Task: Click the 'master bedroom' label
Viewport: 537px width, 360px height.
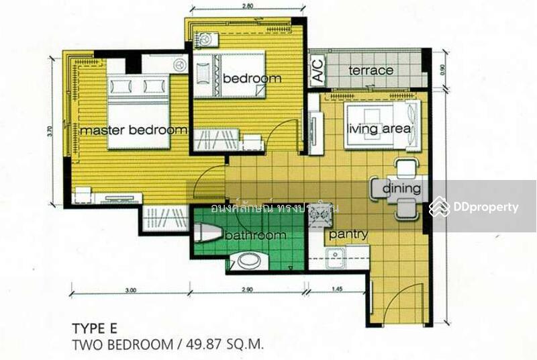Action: point(133,130)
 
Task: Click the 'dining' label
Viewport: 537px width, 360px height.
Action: point(401,189)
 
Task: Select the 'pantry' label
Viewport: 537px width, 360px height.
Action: point(348,234)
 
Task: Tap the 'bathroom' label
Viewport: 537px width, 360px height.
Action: point(255,236)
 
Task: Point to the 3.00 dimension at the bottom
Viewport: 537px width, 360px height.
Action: point(131,291)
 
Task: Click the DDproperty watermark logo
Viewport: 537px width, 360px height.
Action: point(474,207)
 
